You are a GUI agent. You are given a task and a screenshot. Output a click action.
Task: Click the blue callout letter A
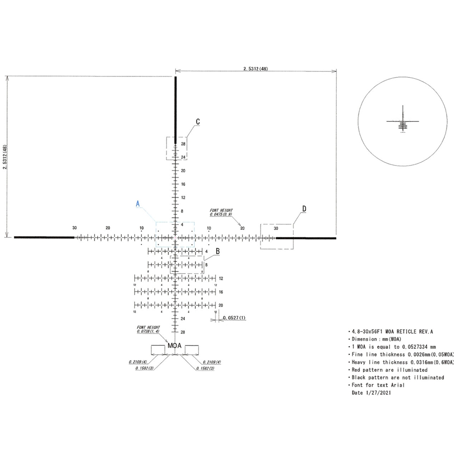138,204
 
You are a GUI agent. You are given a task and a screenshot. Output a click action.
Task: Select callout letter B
218,251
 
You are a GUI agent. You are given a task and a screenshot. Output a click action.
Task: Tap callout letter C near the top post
198,121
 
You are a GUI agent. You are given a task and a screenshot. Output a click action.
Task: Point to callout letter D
304,209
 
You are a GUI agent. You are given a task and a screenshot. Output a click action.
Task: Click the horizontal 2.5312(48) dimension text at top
255,69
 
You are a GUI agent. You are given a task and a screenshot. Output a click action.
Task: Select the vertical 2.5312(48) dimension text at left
5,157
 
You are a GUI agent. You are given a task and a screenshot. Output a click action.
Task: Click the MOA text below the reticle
175,346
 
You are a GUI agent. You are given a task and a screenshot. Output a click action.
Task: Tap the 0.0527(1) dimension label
234,318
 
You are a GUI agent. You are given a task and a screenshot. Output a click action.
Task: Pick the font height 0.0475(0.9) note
221,212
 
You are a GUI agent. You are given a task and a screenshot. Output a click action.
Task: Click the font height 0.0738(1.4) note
148,329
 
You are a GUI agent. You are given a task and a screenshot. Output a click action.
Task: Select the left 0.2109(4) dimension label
138,362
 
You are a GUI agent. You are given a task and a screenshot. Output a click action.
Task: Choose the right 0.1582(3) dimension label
205,368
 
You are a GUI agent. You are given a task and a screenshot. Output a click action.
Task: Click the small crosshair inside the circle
403,121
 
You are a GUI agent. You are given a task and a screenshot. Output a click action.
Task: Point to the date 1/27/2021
371,393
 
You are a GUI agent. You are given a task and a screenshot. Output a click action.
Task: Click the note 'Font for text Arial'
378,385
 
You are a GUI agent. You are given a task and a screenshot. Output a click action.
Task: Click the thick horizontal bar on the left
44,238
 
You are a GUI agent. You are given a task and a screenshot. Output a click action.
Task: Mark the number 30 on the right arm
276,228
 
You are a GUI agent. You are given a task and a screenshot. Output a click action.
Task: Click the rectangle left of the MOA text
158,350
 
